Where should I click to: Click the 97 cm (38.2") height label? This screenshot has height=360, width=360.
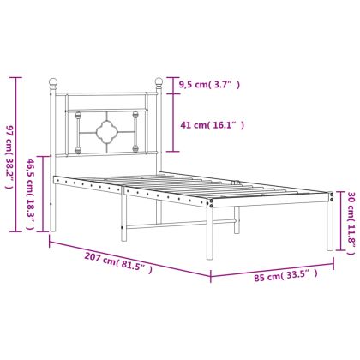9,157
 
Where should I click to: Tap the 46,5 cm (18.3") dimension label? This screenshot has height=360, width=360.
30,194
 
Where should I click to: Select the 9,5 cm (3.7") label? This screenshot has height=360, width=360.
209,85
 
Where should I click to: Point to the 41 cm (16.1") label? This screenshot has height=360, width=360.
213,125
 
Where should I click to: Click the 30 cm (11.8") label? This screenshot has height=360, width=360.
351,223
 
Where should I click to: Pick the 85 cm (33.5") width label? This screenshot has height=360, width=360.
285,275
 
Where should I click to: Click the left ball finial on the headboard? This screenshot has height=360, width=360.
53,82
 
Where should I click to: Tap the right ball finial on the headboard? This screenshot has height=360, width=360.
159,82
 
